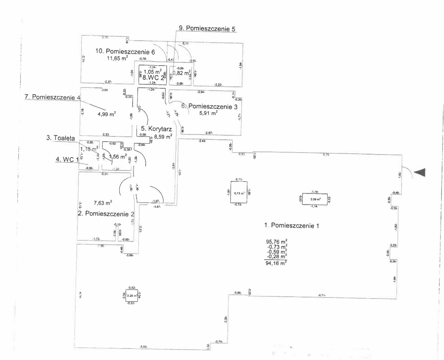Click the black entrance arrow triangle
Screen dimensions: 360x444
pyautogui.click(x=420, y=172)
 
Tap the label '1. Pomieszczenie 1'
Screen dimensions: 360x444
pyautogui.click(x=291, y=225)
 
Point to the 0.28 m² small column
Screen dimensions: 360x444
pyautogui.click(x=132, y=295)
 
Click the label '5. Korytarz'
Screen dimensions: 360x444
pyautogui.click(x=156, y=129)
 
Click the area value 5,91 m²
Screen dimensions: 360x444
pyautogui.click(x=208, y=113)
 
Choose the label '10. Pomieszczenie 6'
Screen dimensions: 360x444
pyautogui.click(x=125, y=51)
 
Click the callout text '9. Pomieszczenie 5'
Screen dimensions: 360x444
pyautogui.click(x=207, y=28)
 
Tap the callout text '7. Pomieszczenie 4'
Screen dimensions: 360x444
pyautogui.click(x=52, y=97)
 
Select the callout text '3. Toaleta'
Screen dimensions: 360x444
pyautogui.click(x=60, y=138)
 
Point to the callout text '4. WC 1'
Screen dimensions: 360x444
pyautogui.click(x=67, y=160)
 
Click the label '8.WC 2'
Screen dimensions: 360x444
pyautogui.click(x=153, y=78)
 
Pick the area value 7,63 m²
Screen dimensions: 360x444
pyautogui.click(x=103, y=203)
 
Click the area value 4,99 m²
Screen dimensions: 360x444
pyautogui.click(x=106, y=114)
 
